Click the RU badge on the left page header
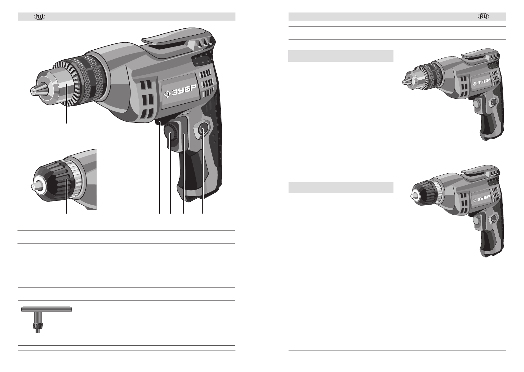(40, 17)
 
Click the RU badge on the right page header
(483, 16)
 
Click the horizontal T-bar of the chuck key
(47, 309)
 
